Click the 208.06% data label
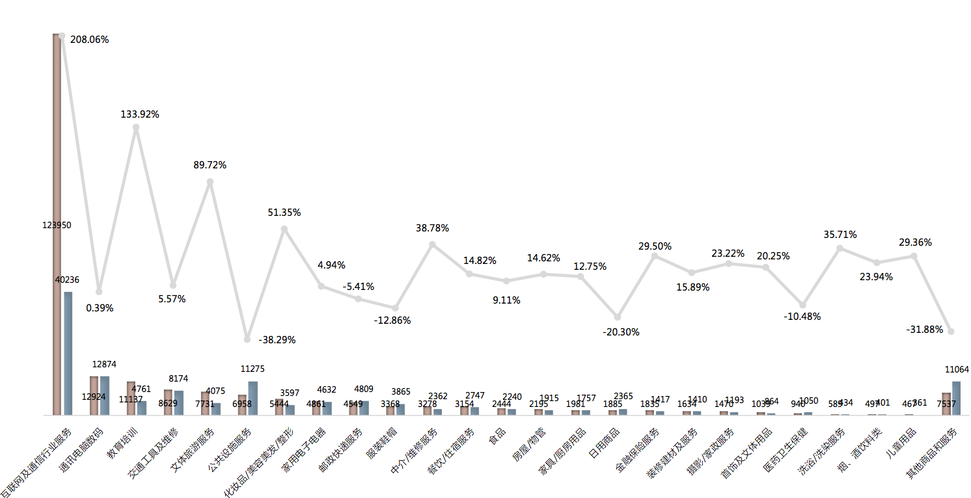click(x=89, y=40)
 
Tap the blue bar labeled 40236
click(x=68, y=352)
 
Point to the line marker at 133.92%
click(x=136, y=127)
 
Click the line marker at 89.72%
click(x=210, y=182)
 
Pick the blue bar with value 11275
click(x=253, y=398)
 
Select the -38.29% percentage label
click(x=277, y=339)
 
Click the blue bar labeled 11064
click(x=957, y=398)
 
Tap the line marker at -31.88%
click(x=951, y=332)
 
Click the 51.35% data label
click(x=284, y=213)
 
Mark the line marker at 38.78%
click(x=432, y=244)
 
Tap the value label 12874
click(x=104, y=365)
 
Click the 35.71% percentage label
click(x=840, y=235)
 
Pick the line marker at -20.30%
click(x=618, y=317)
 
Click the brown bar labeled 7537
click(x=946, y=403)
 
